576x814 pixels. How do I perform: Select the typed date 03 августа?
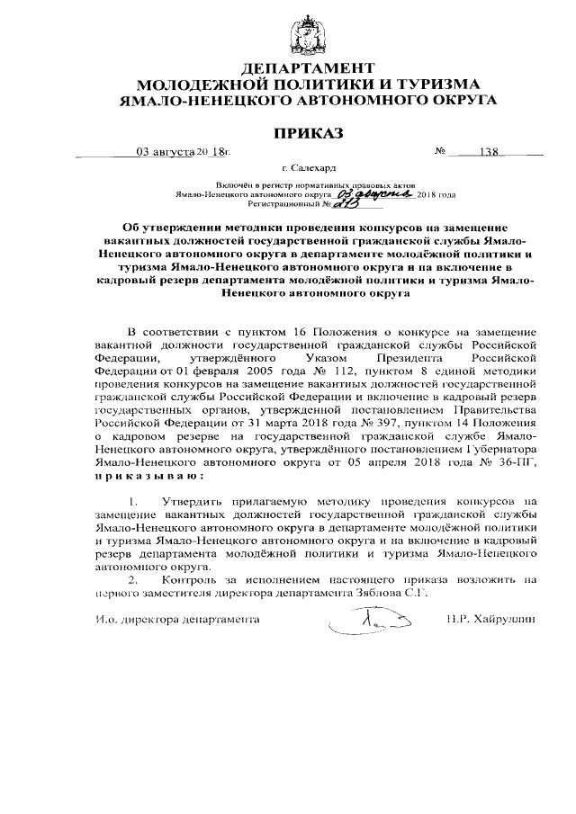[166, 152]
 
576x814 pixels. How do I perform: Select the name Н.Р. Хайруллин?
[490, 620]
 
